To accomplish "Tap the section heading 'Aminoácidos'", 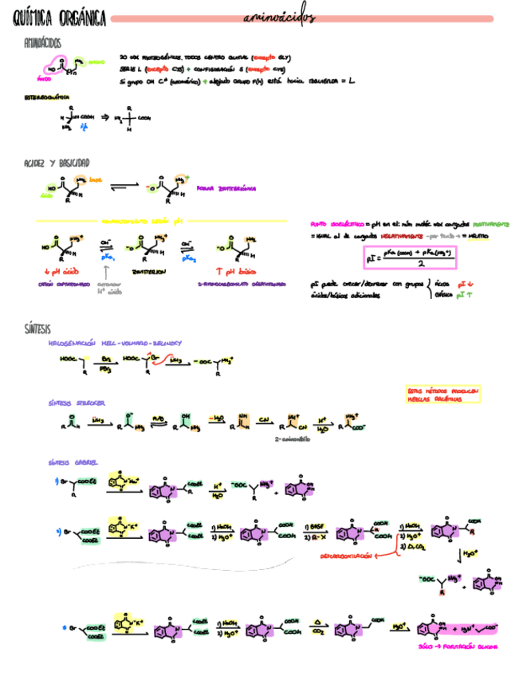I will point(45,43).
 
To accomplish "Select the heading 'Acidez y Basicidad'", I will point(62,163).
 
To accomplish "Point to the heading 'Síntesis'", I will point(38,328).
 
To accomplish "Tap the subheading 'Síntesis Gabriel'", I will point(73,462).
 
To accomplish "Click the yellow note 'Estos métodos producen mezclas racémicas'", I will point(442,395).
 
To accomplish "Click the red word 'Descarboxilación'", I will point(345,556).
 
